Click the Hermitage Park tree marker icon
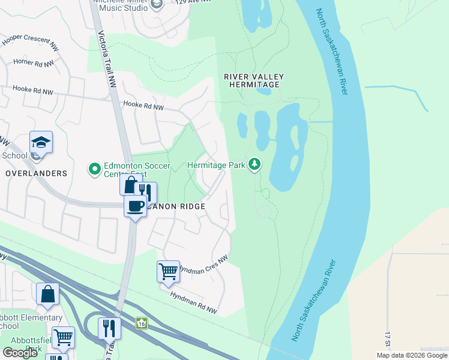255,163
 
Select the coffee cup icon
135,206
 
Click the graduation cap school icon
41,142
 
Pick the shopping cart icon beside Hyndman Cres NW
168,271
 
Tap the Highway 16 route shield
141,323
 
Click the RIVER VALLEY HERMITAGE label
253,80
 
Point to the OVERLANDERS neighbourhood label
37,173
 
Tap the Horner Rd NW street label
34,62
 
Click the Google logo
20,353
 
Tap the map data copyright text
412,355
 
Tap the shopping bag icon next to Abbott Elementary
47,294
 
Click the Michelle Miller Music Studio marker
157,5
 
